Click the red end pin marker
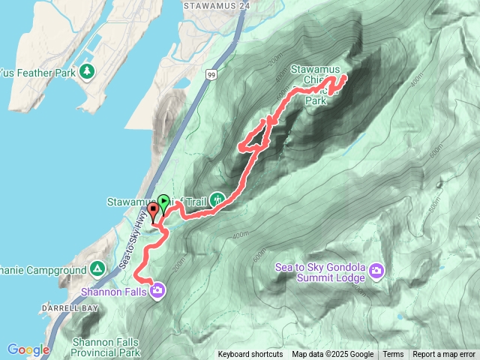(x=153, y=209)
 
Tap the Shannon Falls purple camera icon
(x=157, y=290)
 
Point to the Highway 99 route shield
(x=212, y=75)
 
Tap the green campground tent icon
(x=97, y=268)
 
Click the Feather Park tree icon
(x=88, y=71)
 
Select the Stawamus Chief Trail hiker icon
(x=217, y=199)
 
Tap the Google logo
(x=28, y=349)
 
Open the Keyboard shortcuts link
(x=250, y=355)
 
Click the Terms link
(x=393, y=355)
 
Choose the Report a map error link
(x=444, y=355)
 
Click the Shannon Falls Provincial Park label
(x=106, y=346)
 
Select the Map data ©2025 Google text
(x=333, y=355)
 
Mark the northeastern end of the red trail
(x=345, y=77)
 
